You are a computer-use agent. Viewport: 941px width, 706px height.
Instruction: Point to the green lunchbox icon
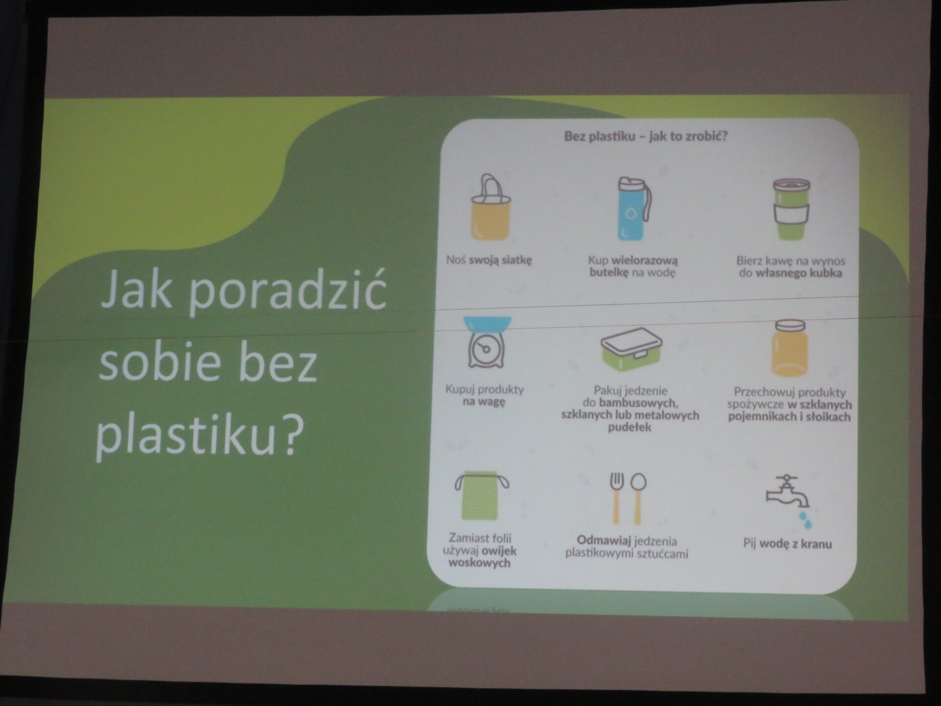631,349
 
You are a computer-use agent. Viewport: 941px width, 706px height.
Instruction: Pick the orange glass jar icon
789,348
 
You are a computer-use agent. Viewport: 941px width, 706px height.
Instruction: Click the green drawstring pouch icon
481,496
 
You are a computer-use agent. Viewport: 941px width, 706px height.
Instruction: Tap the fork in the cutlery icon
617,498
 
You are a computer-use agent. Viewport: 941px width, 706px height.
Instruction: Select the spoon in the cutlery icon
638,498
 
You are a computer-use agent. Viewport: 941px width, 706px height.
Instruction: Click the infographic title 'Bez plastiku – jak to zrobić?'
645,136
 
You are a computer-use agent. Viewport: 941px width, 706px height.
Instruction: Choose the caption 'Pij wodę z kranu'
787,543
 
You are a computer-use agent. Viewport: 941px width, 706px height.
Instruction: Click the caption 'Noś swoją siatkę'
489,260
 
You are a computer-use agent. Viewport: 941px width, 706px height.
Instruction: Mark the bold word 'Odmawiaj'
604,541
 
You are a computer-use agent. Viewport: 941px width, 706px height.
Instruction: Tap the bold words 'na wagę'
484,402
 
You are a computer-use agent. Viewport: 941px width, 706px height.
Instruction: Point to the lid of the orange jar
790,326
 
